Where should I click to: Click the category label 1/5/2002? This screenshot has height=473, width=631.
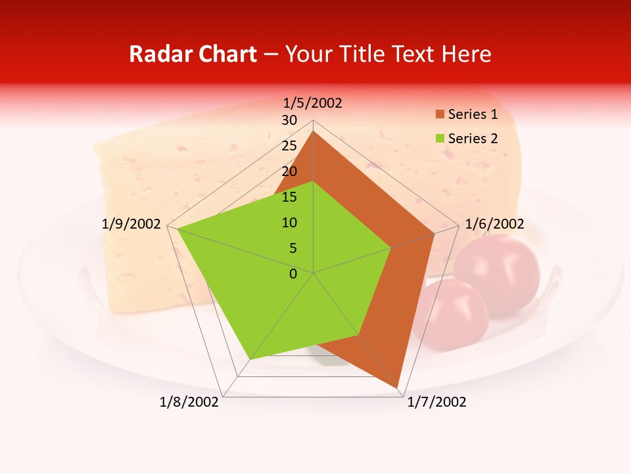(313, 102)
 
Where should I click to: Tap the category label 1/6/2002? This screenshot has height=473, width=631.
(494, 224)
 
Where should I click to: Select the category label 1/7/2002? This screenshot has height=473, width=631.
(436, 402)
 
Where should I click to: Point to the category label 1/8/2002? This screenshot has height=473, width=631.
(189, 402)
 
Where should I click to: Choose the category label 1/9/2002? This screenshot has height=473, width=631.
(131, 224)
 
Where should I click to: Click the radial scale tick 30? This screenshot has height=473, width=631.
(289, 120)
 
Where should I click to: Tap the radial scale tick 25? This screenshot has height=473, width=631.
(289, 146)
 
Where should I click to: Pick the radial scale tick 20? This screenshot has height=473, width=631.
(289, 171)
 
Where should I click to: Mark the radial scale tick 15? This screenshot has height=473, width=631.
(289, 197)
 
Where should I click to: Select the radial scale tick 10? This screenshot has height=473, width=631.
(289, 223)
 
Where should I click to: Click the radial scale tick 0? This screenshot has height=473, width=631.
(293, 274)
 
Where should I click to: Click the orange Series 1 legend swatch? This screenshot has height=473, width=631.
(440, 115)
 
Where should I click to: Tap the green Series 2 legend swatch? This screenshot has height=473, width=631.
(440, 139)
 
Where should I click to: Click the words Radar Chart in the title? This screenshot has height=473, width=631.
(193, 54)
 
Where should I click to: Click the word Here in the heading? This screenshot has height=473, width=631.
(467, 54)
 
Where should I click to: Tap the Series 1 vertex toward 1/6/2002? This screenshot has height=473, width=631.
(434, 233)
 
